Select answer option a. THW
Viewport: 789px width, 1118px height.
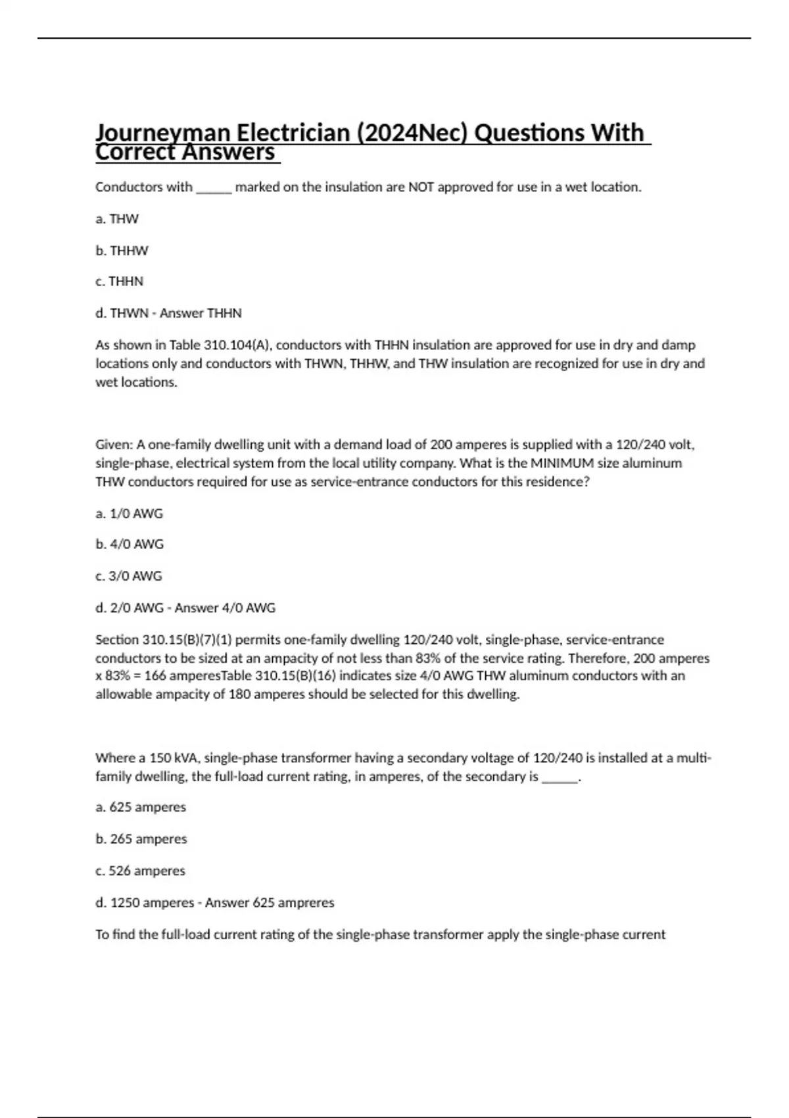[x=117, y=219]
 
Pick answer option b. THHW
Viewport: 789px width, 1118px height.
[x=122, y=251]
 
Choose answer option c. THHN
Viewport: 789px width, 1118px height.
[x=119, y=281]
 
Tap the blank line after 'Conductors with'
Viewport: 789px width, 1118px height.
[x=214, y=188]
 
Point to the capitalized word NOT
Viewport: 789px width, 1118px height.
[x=421, y=187]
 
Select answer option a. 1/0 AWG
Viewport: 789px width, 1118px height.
[x=129, y=514]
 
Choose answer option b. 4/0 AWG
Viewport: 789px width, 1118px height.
[x=130, y=545]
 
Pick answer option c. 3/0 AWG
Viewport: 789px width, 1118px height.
[x=128, y=576]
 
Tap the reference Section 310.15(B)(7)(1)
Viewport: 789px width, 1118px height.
[x=164, y=640]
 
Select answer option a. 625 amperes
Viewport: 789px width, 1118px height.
[x=141, y=807]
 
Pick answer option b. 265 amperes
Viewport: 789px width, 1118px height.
[x=141, y=839]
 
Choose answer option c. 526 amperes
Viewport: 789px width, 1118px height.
[x=140, y=871]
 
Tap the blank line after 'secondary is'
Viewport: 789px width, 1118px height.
[x=560, y=777]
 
